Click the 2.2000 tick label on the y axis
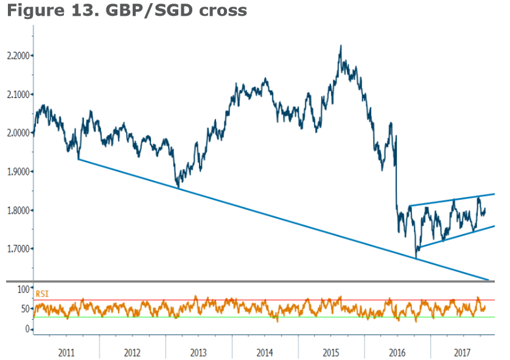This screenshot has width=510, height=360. [x=17, y=55]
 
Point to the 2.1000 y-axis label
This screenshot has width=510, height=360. [x=17, y=94]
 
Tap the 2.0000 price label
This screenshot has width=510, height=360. [x=17, y=133]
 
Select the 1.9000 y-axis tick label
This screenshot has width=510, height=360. [x=17, y=171]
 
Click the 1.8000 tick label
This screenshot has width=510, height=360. [x=17, y=210]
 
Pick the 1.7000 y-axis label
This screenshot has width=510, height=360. [x=17, y=249]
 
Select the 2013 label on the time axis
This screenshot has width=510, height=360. [x=198, y=352]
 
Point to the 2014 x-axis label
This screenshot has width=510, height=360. [x=265, y=352]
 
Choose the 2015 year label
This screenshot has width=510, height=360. [x=331, y=352]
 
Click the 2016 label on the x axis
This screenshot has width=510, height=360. [x=397, y=352]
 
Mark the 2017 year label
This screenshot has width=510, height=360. [x=463, y=352]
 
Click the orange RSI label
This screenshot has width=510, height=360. [x=43, y=294]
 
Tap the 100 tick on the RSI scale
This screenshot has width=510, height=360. [x=23, y=288]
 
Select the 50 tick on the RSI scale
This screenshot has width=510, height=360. [x=25, y=309]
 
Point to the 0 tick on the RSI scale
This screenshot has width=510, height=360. [x=27, y=329]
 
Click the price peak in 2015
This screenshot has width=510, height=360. [x=340, y=46]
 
